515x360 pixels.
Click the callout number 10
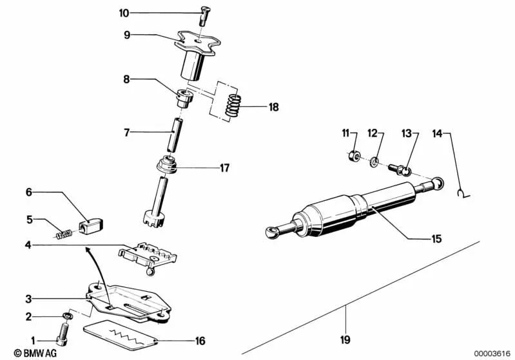click(x=124, y=12)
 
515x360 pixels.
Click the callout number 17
click(x=224, y=169)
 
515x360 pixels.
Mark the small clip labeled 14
click(x=462, y=191)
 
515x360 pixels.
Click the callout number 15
click(x=436, y=238)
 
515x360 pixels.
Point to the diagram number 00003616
click(x=492, y=352)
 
